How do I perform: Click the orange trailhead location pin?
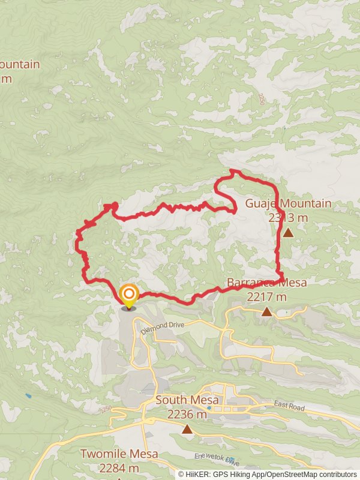tap(129, 295)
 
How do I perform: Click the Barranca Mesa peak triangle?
tap(266, 311)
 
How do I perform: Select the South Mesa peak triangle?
tap(188, 428)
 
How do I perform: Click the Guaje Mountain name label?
tap(288, 203)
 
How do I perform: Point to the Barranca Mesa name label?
tap(266, 283)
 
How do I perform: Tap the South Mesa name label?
tap(187, 400)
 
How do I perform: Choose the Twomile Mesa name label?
tap(119, 454)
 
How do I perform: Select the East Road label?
tap(289, 406)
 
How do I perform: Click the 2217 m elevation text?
tap(266, 296)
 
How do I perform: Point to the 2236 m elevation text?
tap(187, 414)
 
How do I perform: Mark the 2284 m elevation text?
tap(119, 468)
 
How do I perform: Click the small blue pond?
tap(28, 397)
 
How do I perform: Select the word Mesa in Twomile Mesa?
tap(143, 454)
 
